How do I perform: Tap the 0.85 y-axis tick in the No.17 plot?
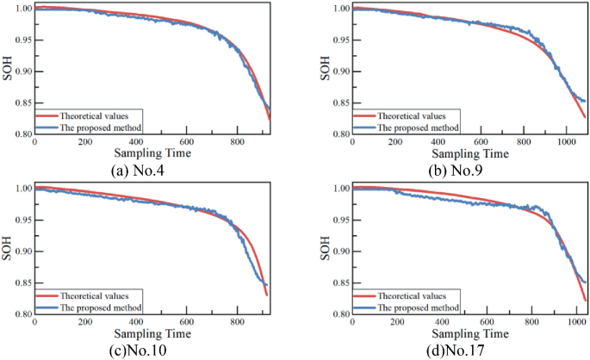pos(340,282)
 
